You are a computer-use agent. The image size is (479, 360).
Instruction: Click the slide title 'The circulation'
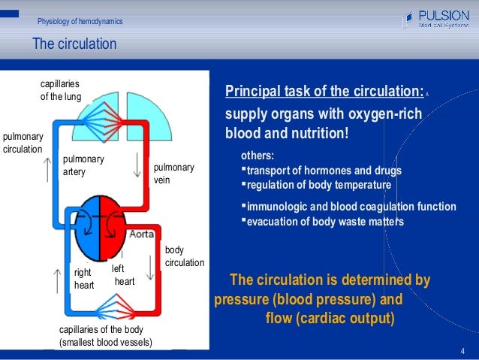tap(74, 44)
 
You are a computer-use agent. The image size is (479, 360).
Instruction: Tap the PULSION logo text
tap(444, 14)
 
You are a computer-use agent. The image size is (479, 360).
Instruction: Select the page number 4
tap(462, 352)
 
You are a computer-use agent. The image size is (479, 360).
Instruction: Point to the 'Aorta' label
tap(142, 234)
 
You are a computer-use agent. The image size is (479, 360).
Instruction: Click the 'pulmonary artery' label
tap(83, 166)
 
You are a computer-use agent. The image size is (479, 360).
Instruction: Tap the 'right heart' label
tap(84, 279)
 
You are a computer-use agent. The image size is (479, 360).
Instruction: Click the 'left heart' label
tap(122, 275)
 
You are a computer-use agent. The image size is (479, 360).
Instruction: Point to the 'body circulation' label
tap(184, 256)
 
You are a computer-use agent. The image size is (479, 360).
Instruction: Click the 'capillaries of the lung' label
tap(61, 90)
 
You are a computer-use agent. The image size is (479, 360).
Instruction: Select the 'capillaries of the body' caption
tap(105, 337)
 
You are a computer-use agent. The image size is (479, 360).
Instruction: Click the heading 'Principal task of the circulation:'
tap(324, 92)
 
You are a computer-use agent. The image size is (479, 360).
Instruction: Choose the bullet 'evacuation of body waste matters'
tap(325, 221)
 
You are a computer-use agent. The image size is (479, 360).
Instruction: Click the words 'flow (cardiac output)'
tap(330, 317)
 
